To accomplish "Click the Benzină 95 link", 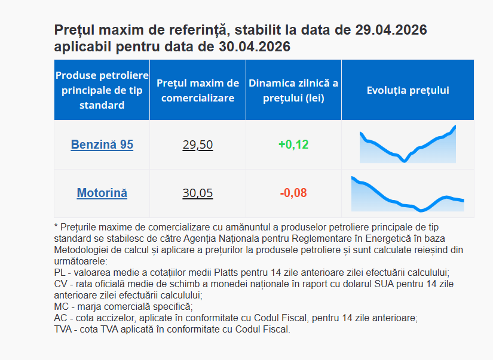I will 102,144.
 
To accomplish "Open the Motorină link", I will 102,193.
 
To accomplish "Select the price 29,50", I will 197,144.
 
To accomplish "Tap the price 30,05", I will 197,193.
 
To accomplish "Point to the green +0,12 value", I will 293,144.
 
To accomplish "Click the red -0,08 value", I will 293,193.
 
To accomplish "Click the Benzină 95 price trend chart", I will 408,145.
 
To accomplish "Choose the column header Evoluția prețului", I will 408,91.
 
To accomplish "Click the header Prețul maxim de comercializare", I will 198,90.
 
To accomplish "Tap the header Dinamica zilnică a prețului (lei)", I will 293,90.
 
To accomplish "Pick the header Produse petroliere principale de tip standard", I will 102,90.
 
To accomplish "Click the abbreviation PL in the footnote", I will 59,272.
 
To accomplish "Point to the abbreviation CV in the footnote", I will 60,284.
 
